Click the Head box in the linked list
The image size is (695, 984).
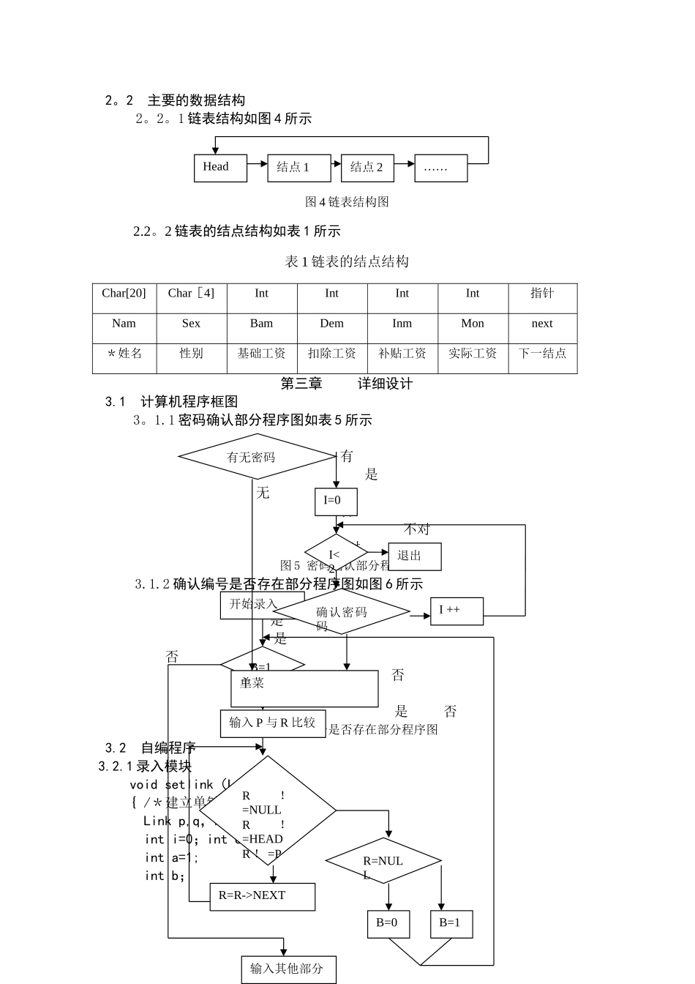click(220, 168)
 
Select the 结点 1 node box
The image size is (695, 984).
click(298, 168)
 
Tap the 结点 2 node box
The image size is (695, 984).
click(367, 168)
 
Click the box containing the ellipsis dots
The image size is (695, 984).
click(440, 168)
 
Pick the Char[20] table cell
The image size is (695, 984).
click(124, 294)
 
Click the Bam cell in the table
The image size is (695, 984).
click(262, 324)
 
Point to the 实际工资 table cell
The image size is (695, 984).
click(473, 354)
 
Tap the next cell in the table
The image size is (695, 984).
click(542, 324)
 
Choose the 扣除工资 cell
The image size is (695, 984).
click(332, 354)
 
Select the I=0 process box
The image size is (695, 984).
click(336, 502)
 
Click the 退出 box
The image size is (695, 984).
click(414, 556)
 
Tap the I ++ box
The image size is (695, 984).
click(457, 611)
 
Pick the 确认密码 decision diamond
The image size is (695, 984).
click(341, 612)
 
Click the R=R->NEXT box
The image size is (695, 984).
click(262, 896)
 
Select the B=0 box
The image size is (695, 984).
click(388, 923)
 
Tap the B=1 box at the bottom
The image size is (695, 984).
click(451, 923)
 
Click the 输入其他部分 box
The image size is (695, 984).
click(288, 969)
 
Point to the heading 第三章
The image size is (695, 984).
click(301, 384)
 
